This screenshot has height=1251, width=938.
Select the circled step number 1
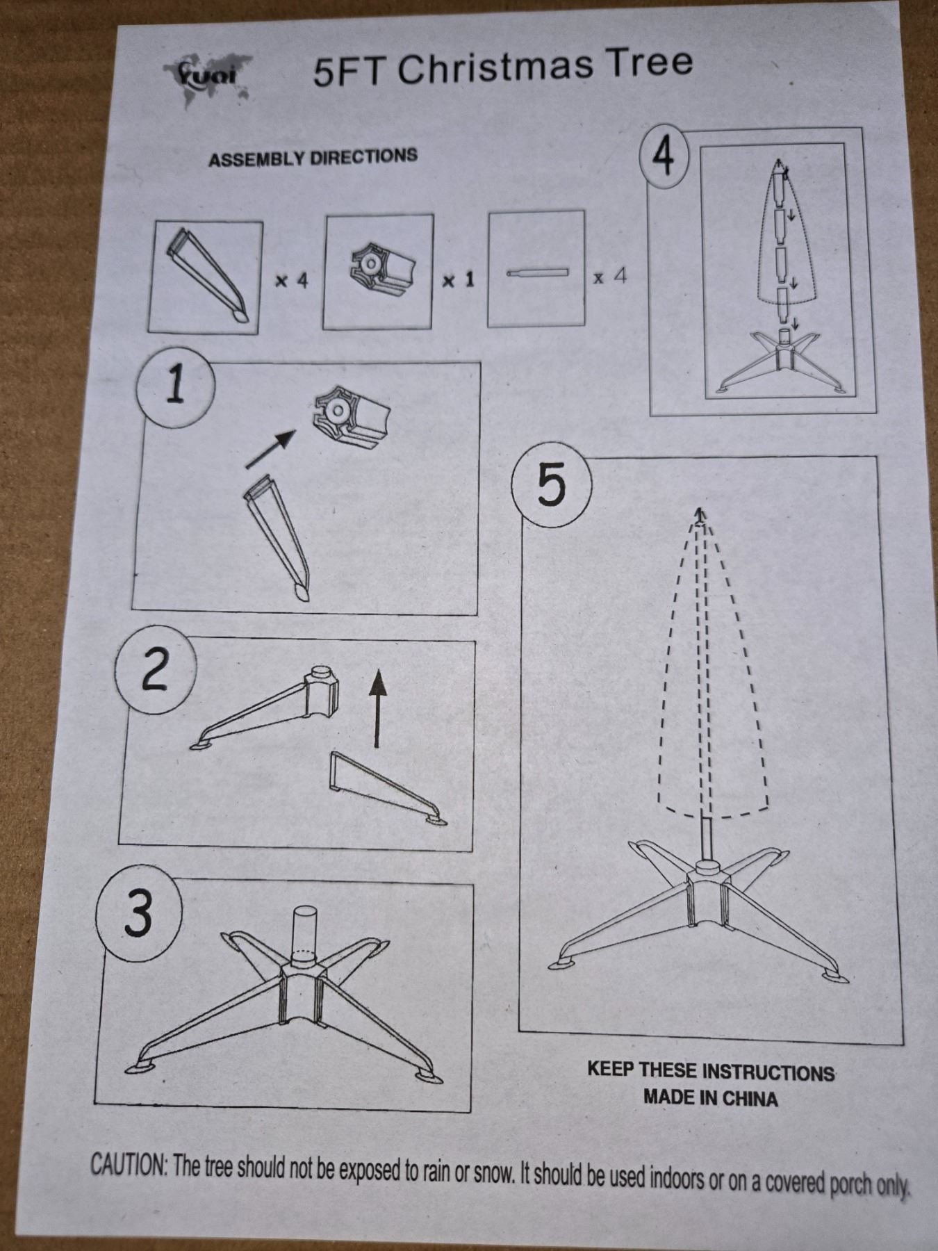click(175, 386)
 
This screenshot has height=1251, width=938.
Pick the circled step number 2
click(154, 670)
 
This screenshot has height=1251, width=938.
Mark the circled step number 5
click(551, 484)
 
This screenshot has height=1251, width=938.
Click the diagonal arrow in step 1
click(271, 448)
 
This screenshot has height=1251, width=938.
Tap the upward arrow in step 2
click(377, 708)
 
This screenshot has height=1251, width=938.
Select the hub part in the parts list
click(381, 270)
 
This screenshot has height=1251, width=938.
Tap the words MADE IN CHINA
click(710, 1098)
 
